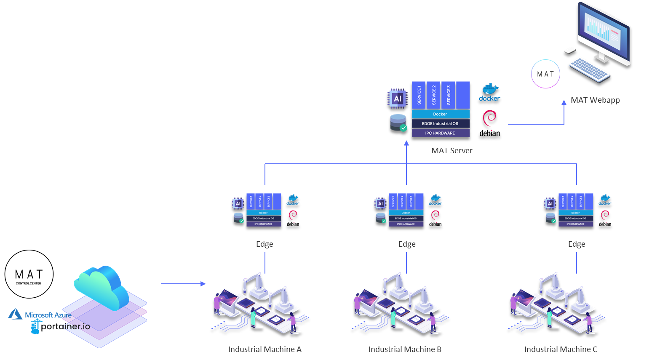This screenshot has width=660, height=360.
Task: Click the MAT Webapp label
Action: click(595, 100)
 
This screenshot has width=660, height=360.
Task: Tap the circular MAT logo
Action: click(545, 74)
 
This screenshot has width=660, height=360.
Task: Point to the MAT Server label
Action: click(452, 151)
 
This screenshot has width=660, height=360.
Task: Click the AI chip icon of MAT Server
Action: click(397, 99)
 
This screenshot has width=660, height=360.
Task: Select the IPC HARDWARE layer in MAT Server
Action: click(440, 133)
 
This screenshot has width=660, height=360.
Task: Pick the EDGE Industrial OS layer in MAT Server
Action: click(440, 123)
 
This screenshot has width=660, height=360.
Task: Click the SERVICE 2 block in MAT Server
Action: click(433, 95)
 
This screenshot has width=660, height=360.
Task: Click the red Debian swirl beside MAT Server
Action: click(490, 120)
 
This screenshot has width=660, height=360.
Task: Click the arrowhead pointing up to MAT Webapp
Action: click(564, 102)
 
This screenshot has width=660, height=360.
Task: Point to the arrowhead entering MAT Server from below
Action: click(406, 143)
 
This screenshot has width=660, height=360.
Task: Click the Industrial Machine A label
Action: click(265, 349)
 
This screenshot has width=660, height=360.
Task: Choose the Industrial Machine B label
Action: click(405, 349)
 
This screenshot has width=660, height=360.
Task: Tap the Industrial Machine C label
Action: click(561, 349)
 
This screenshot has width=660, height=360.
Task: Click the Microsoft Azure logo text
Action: click(48, 315)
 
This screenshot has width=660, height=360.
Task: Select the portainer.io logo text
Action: click(65, 326)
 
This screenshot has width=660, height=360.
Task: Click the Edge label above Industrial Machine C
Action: click(577, 244)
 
